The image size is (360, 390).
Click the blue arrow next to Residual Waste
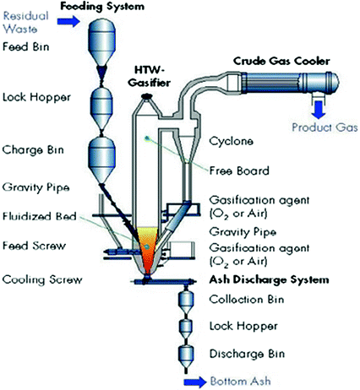68,21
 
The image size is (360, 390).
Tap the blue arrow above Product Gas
319,110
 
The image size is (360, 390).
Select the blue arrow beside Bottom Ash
195,382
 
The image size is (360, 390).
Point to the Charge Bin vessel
102,160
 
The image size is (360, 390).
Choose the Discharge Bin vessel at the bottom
186,356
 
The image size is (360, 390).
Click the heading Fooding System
102,6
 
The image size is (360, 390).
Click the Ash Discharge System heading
269,279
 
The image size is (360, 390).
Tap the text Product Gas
325,127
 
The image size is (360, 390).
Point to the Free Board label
239,171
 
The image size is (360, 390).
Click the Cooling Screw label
42,279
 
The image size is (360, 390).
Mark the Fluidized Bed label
40,216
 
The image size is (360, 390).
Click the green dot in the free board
147,138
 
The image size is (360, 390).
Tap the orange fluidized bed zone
147,251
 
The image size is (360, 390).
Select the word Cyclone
231,141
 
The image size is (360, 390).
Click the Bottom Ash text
241,382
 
